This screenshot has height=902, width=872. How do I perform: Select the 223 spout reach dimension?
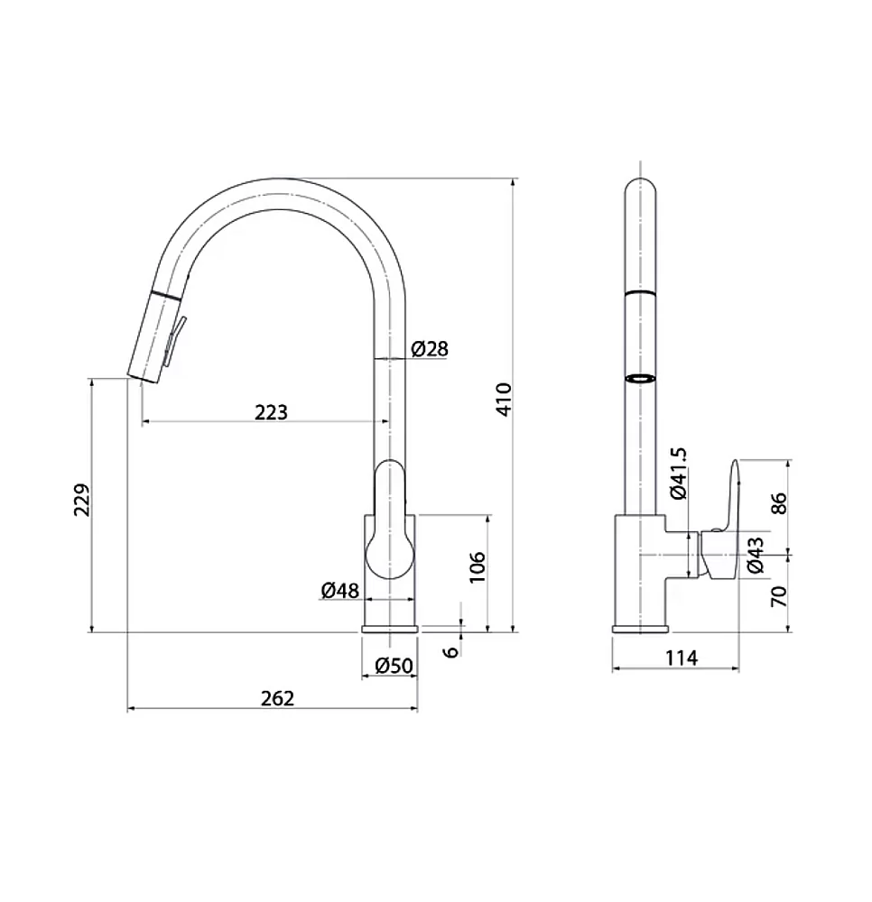coord(271,412)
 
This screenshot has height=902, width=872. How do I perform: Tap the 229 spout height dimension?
coord(82,500)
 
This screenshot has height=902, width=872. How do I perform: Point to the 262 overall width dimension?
coord(277,698)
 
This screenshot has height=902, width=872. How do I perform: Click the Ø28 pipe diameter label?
coord(430,348)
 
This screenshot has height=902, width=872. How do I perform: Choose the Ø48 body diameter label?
coord(339,590)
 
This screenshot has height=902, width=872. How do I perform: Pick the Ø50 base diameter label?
coord(394,666)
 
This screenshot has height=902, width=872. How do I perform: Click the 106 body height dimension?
coord(478,567)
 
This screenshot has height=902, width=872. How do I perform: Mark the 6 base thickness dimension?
coord(452,651)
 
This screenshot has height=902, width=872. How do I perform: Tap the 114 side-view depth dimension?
coord(682,658)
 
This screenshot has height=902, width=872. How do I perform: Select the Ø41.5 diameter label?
coord(679,474)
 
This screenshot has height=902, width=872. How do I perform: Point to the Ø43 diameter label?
coord(756,555)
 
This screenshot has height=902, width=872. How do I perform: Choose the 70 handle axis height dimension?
coord(778,596)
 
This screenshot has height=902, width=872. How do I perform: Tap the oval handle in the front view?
coord(390,520)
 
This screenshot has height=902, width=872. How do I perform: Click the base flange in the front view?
coord(390,629)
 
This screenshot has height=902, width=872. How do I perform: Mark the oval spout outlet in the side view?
coord(640,379)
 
